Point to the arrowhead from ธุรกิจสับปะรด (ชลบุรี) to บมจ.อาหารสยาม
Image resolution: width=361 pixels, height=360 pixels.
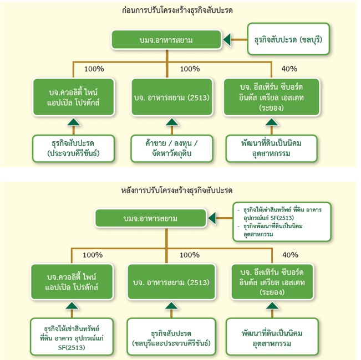227,40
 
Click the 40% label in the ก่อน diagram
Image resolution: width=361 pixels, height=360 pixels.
289,69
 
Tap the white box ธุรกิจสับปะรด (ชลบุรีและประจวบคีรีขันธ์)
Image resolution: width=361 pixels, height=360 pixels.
171,337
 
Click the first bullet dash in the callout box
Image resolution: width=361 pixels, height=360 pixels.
238,210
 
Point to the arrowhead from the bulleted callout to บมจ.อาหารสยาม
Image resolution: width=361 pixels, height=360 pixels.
212,218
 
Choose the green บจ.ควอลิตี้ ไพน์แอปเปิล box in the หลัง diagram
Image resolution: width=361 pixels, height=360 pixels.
73,282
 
